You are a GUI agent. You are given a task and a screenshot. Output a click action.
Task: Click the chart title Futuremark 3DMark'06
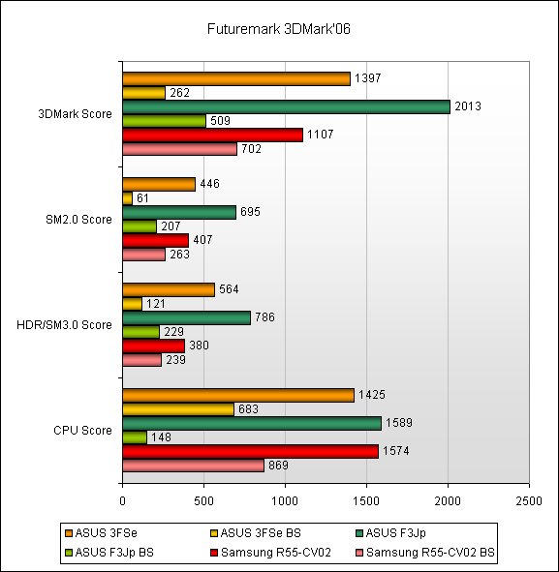click(x=279, y=29)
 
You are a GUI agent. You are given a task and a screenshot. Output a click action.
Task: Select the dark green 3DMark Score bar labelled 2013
click(x=286, y=106)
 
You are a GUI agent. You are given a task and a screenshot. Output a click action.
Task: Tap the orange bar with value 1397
click(x=236, y=78)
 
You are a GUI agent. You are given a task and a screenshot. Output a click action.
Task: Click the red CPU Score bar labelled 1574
click(x=251, y=452)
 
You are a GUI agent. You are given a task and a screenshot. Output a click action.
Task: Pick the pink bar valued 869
click(x=193, y=466)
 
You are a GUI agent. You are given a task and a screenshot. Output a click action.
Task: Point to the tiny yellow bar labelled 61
click(x=128, y=198)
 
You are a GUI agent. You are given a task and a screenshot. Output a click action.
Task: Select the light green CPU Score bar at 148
click(x=135, y=437)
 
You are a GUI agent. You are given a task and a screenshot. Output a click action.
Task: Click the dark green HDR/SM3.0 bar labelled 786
click(x=187, y=317)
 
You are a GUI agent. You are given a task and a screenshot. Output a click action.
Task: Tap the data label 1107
click(x=321, y=135)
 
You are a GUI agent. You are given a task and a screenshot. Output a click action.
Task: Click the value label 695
click(x=250, y=212)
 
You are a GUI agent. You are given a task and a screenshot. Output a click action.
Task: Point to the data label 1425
click(x=372, y=395)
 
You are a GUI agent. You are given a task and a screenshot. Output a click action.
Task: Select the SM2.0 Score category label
click(x=78, y=220)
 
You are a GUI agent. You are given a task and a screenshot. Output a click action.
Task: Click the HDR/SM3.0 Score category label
click(x=64, y=324)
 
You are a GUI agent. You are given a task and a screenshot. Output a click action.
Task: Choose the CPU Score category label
click(x=82, y=431)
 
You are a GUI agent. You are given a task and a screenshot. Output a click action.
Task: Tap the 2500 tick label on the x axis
click(x=529, y=501)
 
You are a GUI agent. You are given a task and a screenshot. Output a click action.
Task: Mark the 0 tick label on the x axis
click(x=122, y=501)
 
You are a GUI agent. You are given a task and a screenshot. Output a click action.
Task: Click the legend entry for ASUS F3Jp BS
click(x=109, y=553)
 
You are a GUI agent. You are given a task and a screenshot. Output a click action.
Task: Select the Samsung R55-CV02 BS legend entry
click(x=425, y=553)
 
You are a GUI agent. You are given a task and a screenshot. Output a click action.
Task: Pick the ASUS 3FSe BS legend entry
click(x=256, y=533)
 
